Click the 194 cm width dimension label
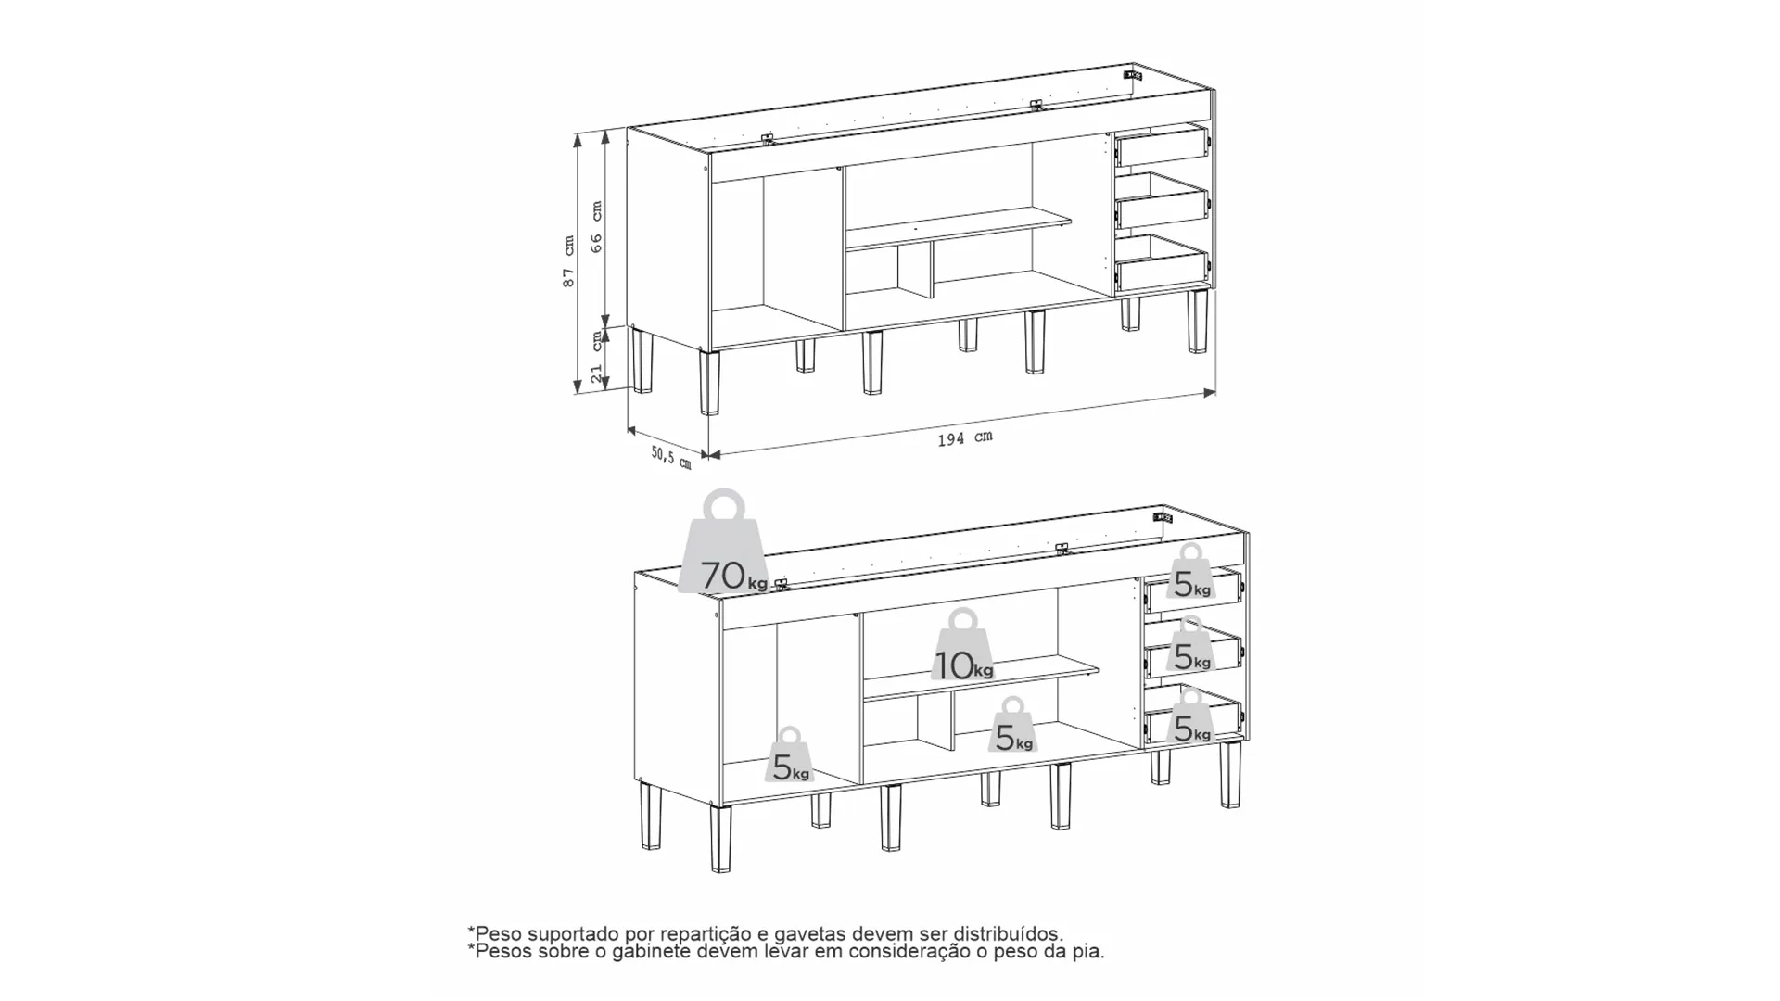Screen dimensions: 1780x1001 click(964, 438)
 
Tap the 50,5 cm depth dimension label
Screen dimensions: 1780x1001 click(671, 457)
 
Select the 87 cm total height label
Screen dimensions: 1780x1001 click(568, 260)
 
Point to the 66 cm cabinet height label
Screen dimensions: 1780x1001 click(596, 227)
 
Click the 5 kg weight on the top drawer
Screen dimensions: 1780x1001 click(1190, 572)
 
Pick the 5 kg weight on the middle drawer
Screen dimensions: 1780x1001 click(1190, 644)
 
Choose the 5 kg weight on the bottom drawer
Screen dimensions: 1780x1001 click(1190, 716)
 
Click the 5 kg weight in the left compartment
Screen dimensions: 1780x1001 click(789, 755)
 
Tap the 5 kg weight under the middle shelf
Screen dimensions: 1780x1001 click(1012, 725)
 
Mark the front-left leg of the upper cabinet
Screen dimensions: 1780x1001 click(710, 382)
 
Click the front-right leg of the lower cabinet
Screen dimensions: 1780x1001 click(1230, 775)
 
